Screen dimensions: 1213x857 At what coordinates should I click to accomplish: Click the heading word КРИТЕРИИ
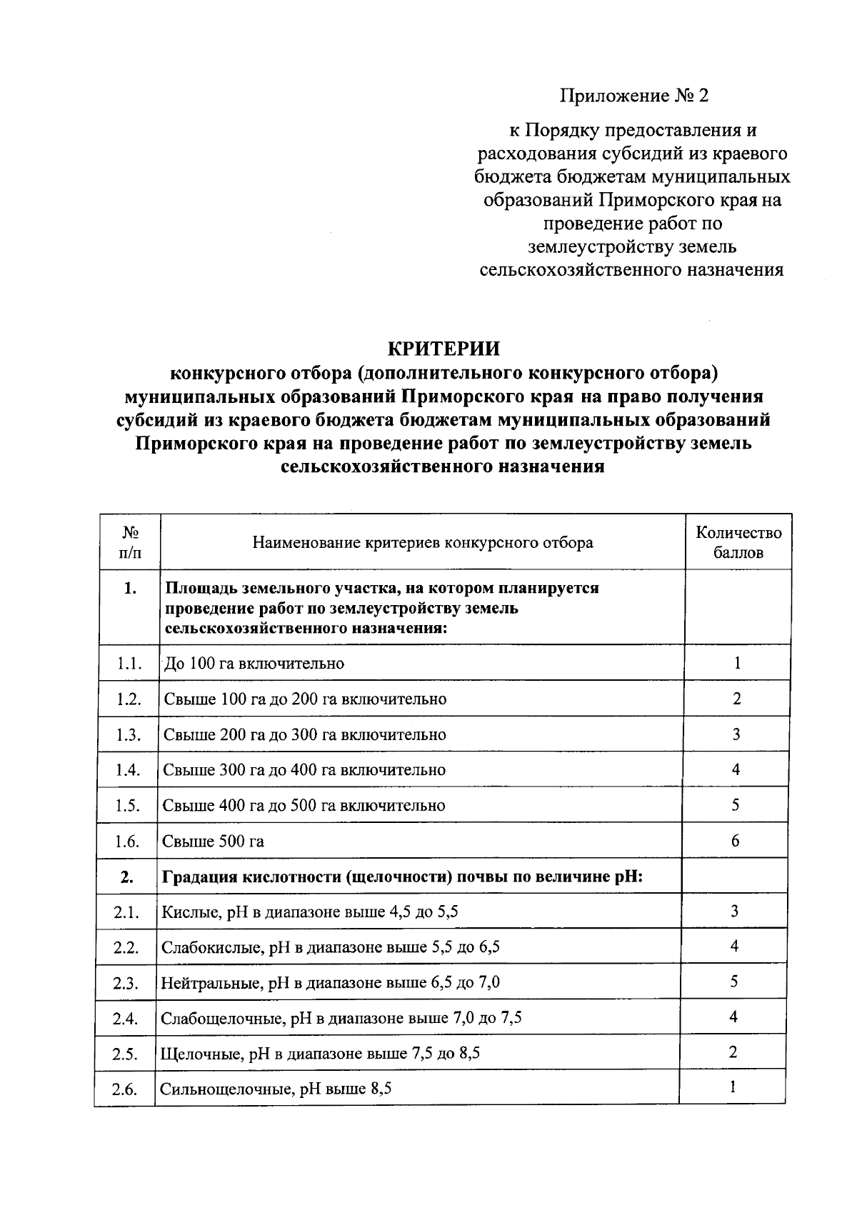pos(443,349)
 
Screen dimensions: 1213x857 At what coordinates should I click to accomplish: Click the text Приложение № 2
pos(633,96)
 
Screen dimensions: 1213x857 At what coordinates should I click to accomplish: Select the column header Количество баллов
pos(738,542)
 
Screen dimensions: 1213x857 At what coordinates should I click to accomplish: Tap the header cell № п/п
pos(129,542)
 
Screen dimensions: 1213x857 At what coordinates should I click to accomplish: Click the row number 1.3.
pos(129,734)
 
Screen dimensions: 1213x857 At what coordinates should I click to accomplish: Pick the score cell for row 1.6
pos(735,840)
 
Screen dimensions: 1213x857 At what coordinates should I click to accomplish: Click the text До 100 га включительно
pos(254,663)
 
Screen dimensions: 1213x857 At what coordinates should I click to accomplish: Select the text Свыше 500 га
pos(213,842)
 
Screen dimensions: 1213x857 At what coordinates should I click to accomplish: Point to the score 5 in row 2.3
pos(733,982)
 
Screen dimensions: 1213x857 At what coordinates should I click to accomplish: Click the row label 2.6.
pos(125,1089)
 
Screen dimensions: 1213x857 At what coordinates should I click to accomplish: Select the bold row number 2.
pos(126,877)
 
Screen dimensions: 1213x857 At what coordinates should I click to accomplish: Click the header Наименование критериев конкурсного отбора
pos(422,542)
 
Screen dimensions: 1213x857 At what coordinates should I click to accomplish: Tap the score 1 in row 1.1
pos(737,663)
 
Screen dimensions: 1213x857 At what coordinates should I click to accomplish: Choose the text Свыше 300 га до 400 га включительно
pos(304,770)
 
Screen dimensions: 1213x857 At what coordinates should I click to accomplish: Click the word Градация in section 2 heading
pos(200,877)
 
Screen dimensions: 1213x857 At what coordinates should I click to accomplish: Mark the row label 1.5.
pos(127,806)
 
